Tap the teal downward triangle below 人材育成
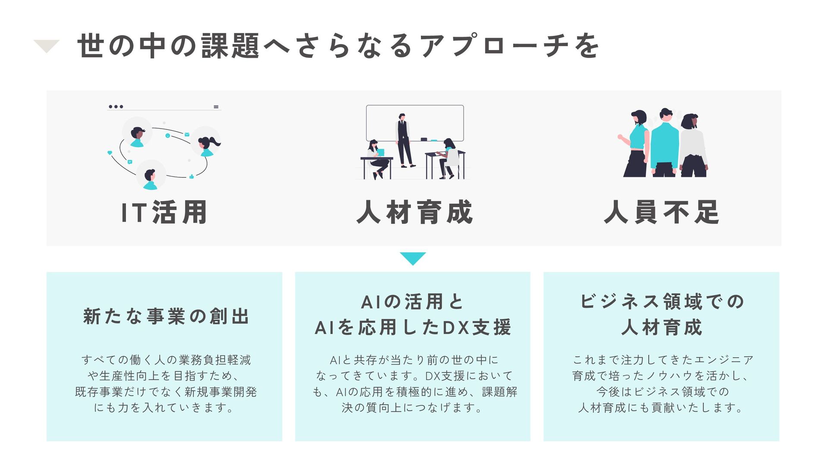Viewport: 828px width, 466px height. click(x=413, y=258)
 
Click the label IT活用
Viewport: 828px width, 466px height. click(x=164, y=212)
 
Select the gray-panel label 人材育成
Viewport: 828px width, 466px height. click(x=414, y=212)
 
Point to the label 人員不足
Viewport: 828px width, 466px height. click(x=662, y=212)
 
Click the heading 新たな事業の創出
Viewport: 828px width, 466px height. click(x=166, y=316)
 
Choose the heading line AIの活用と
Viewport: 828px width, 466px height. click(x=412, y=302)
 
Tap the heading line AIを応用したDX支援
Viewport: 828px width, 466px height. click(x=413, y=327)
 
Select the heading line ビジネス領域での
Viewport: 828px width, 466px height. click(x=662, y=302)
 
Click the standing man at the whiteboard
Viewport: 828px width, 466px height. click(x=404, y=140)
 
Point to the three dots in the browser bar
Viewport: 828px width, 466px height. click(x=116, y=107)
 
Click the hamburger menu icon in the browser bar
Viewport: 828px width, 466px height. click(x=216, y=107)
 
